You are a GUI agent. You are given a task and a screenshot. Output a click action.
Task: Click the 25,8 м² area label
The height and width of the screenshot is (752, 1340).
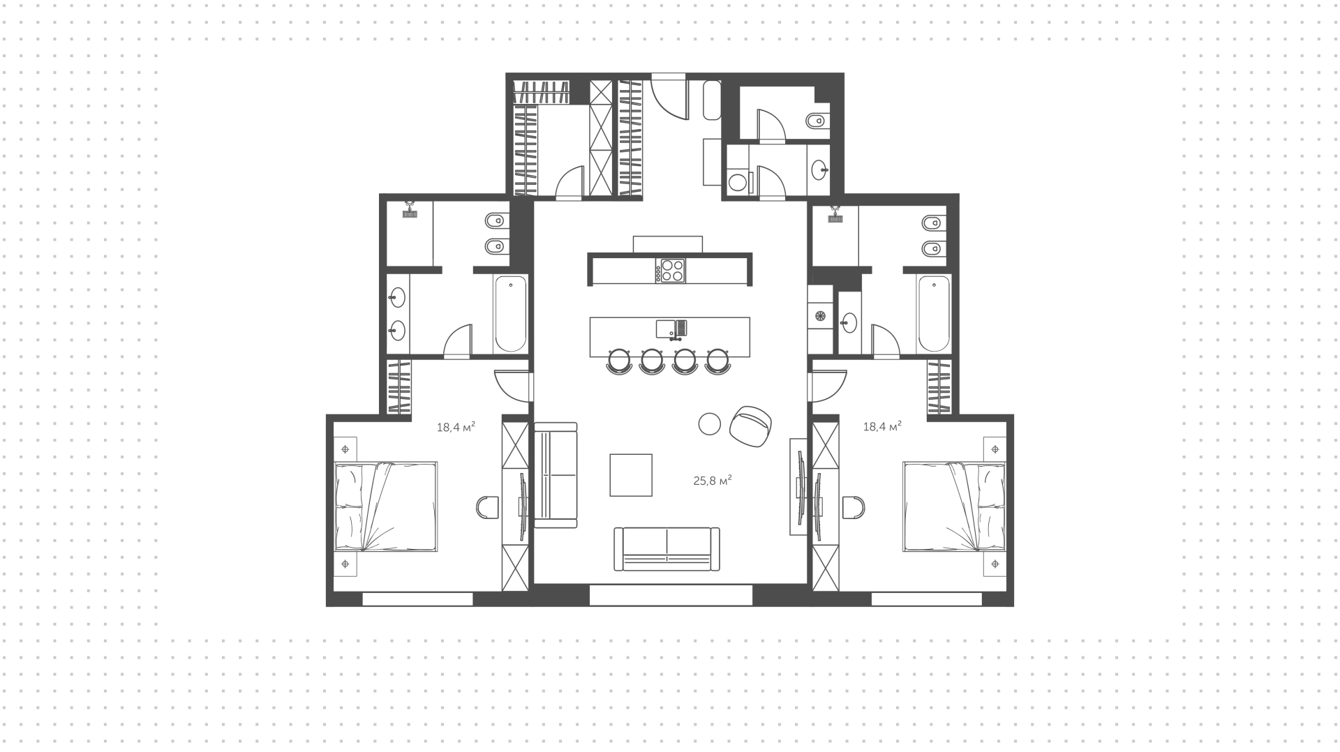[712, 480]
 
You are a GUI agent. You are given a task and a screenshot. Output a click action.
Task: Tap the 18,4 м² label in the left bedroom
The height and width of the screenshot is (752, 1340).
[456, 426]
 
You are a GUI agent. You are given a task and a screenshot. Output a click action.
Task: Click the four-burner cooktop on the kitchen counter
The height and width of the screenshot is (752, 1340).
[670, 270]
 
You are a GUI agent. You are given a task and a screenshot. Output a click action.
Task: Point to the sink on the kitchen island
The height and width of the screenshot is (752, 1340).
[671, 329]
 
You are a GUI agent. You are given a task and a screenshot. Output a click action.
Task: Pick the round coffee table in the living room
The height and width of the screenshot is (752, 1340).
[709, 423]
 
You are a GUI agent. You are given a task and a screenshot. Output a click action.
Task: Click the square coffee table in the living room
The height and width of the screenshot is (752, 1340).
[631, 474]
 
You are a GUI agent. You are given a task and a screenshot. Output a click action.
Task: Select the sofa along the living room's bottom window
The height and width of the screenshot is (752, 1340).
[667, 549]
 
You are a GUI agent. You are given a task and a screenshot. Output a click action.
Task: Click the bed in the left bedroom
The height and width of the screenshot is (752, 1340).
[386, 506]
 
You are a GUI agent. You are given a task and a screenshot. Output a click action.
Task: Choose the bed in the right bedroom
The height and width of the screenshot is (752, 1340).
[954, 506]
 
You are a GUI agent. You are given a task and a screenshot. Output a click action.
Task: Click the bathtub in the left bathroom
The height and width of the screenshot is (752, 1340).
[510, 314]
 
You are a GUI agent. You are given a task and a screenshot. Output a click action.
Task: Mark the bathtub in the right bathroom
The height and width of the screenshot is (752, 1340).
[934, 314]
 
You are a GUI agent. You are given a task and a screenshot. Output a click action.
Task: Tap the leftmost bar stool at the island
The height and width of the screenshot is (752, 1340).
[619, 361]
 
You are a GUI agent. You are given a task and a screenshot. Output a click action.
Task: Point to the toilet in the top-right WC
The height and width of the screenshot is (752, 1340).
[817, 122]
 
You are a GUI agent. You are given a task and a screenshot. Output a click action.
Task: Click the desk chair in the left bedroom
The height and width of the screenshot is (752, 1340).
[487, 506]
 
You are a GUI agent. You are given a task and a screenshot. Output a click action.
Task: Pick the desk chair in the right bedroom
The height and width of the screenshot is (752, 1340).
[853, 506]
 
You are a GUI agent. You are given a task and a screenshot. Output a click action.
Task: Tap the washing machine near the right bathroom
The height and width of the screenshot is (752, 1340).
[820, 316]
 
